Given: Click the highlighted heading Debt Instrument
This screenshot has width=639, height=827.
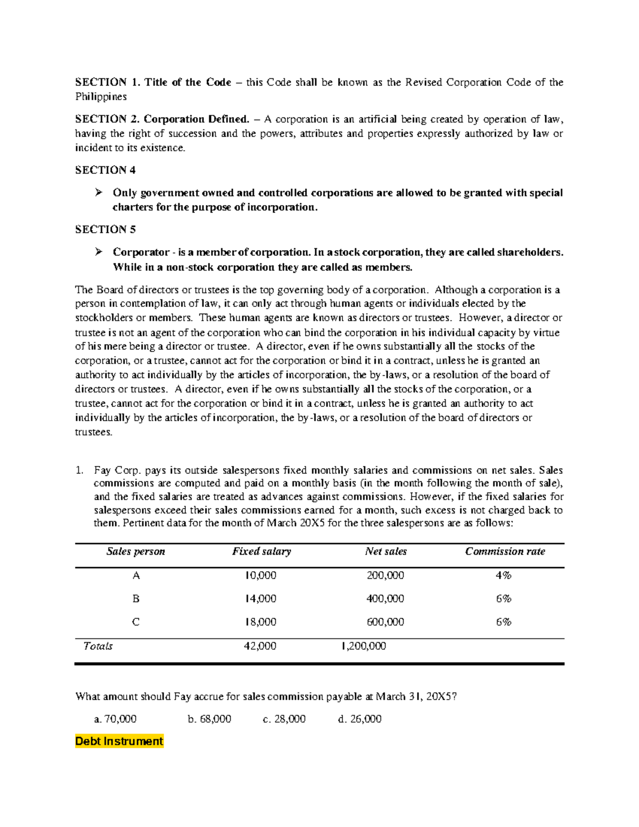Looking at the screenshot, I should pos(119,741).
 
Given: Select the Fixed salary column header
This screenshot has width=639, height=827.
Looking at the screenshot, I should pos(261,552).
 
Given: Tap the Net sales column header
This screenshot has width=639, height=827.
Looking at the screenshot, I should pos(386,552).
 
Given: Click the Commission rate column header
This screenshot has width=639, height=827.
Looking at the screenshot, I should pos(505,552).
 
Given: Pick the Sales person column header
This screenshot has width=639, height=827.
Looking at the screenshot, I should pos(136,552).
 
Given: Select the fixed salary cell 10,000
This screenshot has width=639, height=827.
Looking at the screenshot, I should pos(260,576).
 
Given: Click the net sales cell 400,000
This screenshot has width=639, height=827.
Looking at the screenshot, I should pos(385,599).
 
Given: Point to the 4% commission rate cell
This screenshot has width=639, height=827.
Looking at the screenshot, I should pos(503,576).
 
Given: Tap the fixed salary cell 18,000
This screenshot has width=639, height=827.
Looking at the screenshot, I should pos(260,622).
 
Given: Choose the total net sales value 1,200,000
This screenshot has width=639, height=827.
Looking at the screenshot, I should pos(364,646).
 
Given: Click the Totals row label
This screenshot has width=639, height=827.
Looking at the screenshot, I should pos(98,646).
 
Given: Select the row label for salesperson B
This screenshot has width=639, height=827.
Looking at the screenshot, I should pos(136,599).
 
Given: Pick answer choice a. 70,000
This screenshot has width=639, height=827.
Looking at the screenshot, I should pos(115,719).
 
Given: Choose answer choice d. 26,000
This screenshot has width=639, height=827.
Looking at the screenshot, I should pos(359,719).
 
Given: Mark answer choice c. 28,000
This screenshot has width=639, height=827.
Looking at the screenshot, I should pos(284,719).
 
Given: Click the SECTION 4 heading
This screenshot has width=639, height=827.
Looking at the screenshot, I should pos(105,170).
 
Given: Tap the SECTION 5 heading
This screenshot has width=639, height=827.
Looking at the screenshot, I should pos(105,230).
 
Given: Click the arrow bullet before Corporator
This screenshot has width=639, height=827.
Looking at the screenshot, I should pos(99,252).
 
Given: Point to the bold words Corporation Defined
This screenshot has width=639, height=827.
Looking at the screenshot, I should pos(196,119).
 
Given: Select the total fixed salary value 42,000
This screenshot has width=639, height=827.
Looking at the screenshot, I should pos(260,646).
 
